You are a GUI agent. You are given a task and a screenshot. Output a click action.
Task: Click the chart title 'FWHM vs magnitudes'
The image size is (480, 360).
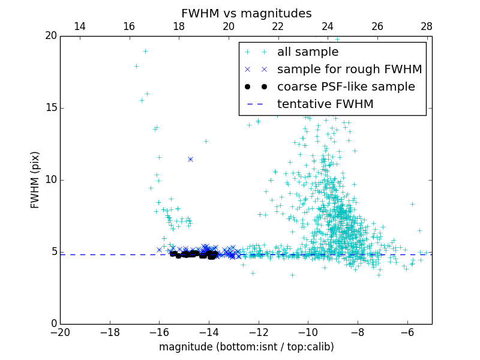point(246,13)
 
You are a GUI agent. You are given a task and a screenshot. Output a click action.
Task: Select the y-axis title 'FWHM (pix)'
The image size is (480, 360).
point(35,180)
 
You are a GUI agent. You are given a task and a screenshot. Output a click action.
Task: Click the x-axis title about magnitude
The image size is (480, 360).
point(246,347)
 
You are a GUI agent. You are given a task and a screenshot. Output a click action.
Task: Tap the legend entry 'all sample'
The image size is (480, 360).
point(308,52)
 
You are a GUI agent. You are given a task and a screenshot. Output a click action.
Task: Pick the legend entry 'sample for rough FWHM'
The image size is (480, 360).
point(349,70)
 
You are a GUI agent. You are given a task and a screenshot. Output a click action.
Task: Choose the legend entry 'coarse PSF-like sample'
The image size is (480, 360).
point(346,87)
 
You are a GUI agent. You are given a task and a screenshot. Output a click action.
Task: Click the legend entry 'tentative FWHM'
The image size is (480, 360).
point(325,104)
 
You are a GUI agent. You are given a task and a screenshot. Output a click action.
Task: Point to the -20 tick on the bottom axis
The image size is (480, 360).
point(60,332)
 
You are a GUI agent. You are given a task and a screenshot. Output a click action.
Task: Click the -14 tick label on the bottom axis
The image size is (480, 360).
point(209,332)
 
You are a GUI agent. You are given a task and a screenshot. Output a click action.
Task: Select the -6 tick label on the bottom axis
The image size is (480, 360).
point(407,332)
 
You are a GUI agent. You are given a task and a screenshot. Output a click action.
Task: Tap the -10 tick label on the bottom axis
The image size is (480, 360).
point(308,332)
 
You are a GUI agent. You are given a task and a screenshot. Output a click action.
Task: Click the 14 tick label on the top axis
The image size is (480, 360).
point(79,26)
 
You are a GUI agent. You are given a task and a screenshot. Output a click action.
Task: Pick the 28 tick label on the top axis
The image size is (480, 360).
point(427,26)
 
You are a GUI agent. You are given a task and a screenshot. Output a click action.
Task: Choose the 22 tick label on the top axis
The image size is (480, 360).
point(278,26)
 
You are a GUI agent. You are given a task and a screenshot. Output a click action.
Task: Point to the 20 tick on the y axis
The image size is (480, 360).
point(50,36)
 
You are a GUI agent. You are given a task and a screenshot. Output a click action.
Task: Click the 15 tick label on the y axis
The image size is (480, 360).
point(50,108)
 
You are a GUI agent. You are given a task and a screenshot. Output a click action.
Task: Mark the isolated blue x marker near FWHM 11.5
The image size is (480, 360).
point(190,159)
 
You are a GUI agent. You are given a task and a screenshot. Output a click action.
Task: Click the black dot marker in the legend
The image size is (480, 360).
point(256,87)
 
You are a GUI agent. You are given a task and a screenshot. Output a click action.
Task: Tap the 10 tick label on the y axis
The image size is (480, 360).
point(50,180)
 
